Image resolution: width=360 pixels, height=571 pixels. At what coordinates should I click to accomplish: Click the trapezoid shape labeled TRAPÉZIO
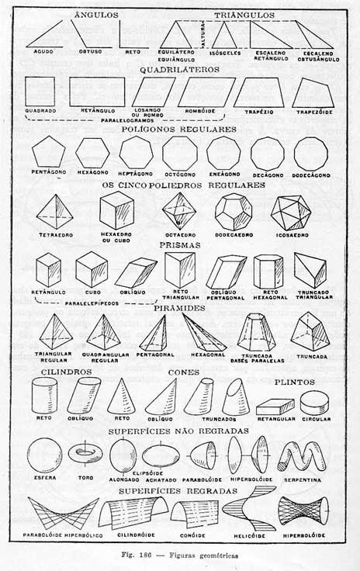tap(258, 92)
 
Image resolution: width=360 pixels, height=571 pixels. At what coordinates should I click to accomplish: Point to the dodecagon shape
tap(312, 153)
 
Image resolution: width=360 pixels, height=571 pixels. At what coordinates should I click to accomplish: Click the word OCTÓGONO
tap(180, 175)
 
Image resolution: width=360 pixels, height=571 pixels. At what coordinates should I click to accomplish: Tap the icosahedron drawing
tap(290, 212)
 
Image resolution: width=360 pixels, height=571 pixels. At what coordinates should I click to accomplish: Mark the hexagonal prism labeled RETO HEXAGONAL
tap(268, 272)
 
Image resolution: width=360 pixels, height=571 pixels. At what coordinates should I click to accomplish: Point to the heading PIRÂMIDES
tap(179, 308)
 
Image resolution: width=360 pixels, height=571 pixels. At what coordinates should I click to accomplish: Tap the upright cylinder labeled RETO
tap(43, 396)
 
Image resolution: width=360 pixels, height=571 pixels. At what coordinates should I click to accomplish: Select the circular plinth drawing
tap(314, 402)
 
